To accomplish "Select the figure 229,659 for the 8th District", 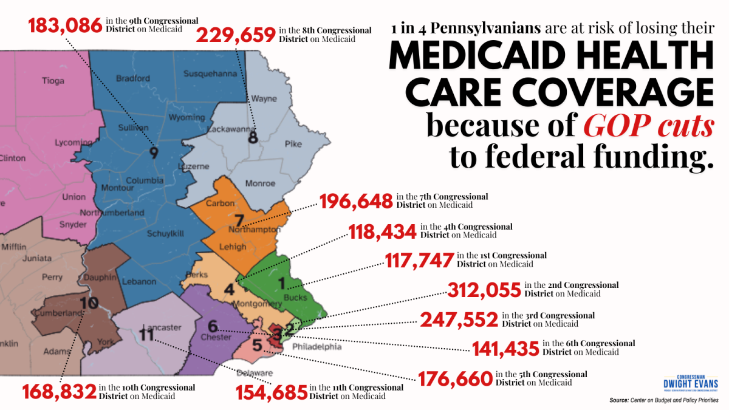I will click(x=236, y=35).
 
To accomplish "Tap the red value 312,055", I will click(x=484, y=290).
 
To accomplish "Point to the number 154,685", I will click(x=272, y=392).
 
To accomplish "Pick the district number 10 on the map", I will click(x=89, y=302).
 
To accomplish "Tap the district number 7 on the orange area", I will click(x=239, y=220).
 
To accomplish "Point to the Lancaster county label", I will click(x=163, y=327).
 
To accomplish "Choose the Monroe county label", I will click(x=260, y=183).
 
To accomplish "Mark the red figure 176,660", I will click(x=455, y=380).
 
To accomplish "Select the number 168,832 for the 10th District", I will click(x=60, y=392).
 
